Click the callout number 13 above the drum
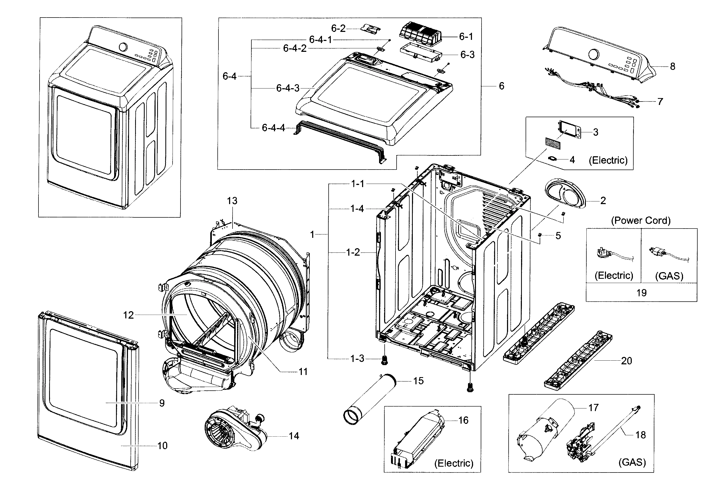(x=232, y=201)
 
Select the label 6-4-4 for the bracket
(x=273, y=128)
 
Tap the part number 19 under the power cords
(x=641, y=293)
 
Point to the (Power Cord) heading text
(x=641, y=220)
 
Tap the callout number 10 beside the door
(x=162, y=446)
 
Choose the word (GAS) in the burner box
(x=632, y=462)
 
